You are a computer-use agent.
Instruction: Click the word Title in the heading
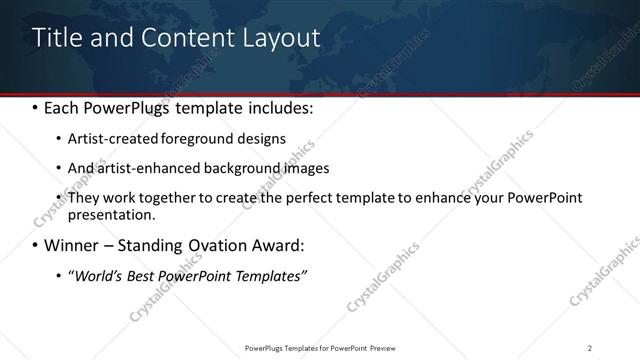[x=56, y=38]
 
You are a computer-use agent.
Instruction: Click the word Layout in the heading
[x=280, y=38]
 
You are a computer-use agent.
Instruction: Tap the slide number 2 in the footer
[x=589, y=347]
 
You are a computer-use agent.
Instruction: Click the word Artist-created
[x=111, y=138]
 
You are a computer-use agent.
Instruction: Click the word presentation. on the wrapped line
[x=112, y=214]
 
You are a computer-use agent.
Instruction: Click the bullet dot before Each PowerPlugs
[x=35, y=107]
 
